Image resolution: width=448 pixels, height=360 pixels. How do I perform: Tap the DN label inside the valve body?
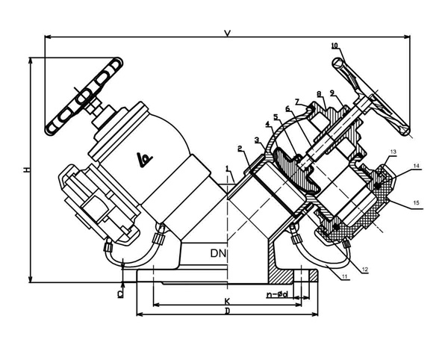click(x=217, y=254)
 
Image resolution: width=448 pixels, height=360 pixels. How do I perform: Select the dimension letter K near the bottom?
click(x=226, y=301)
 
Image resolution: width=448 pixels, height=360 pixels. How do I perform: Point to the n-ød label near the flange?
click(x=279, y=294)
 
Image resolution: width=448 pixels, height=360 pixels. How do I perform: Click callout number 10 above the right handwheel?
click(x=335, y=46)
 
